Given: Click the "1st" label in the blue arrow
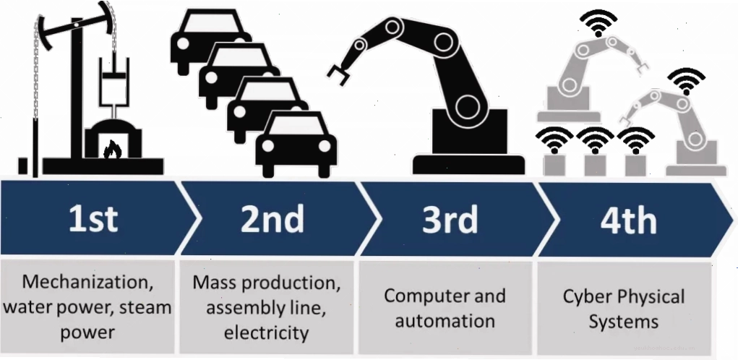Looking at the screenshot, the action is click(93, 219).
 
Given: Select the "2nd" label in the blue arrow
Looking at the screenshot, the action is click(272, 219).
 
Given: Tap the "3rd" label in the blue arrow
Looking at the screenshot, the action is click(450, 219).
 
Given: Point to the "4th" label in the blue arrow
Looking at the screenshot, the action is click(628, 219).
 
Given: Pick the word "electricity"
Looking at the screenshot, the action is click(267, 333).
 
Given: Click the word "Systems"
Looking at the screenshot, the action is click(624, 322).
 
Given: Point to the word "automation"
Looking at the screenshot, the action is click(445, 322).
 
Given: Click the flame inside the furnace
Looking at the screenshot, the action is click(113, 149).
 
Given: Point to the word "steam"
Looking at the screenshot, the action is click(146, 308).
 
